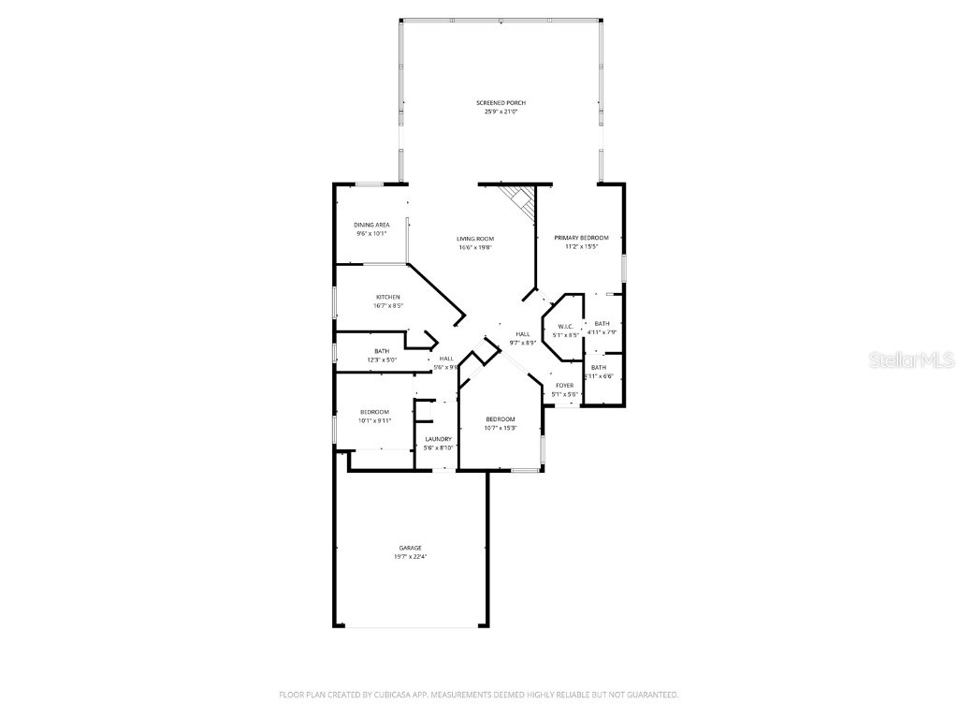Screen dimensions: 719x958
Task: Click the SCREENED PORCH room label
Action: click(x=501, y=103)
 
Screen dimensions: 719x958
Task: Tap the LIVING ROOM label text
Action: click(x=475, y=239)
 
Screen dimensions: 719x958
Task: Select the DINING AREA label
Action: click(x=371, y=225)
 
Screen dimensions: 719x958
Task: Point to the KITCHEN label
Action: click(x=388, y=297)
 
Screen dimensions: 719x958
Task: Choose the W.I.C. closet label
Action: click(x=565, y=327)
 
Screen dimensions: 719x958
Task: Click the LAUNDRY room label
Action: click(x=439, y=439)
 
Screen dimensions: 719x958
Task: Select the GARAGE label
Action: click(x=410, y=548)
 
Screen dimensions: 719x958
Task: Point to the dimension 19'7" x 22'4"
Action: click(x=410, y=557)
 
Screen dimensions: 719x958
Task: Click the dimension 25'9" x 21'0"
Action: click(x=501, y=111)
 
